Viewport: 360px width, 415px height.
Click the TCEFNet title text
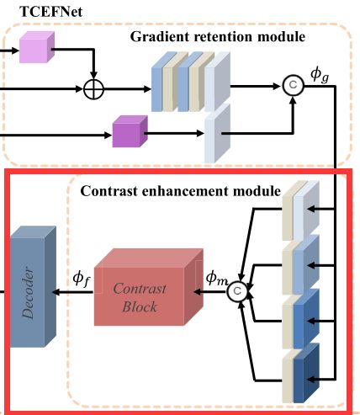tap(50, 12)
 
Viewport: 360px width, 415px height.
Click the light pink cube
tap(37, 47)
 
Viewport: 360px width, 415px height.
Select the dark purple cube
tap(130, 131)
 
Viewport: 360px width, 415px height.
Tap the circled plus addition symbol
tap(94, 89)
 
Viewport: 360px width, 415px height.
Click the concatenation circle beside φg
tap(293, 85)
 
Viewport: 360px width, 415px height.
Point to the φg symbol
tap(320, 75)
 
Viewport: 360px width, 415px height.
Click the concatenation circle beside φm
tap(237, 291)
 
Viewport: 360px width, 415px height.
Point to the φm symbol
tap(216, 278)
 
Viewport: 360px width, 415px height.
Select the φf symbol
tap(82, 279)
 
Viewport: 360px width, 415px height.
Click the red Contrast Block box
tap(149, 287)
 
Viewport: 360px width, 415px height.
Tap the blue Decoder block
tap(33, 286)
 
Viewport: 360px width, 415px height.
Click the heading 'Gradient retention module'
tap(218, 37)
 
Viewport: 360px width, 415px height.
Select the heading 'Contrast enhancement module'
tap(180, 191)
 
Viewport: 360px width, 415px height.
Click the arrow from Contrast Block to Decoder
tap(72, 292)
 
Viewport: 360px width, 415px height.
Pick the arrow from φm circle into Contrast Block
tap(210, 292)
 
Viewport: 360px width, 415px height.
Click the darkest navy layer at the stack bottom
tap(306, 373)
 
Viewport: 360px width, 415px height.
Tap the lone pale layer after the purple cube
tap(218, 133)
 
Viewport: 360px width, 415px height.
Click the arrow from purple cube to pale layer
tap(174, 133)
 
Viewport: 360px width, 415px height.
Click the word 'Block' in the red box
tap(140, 306)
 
